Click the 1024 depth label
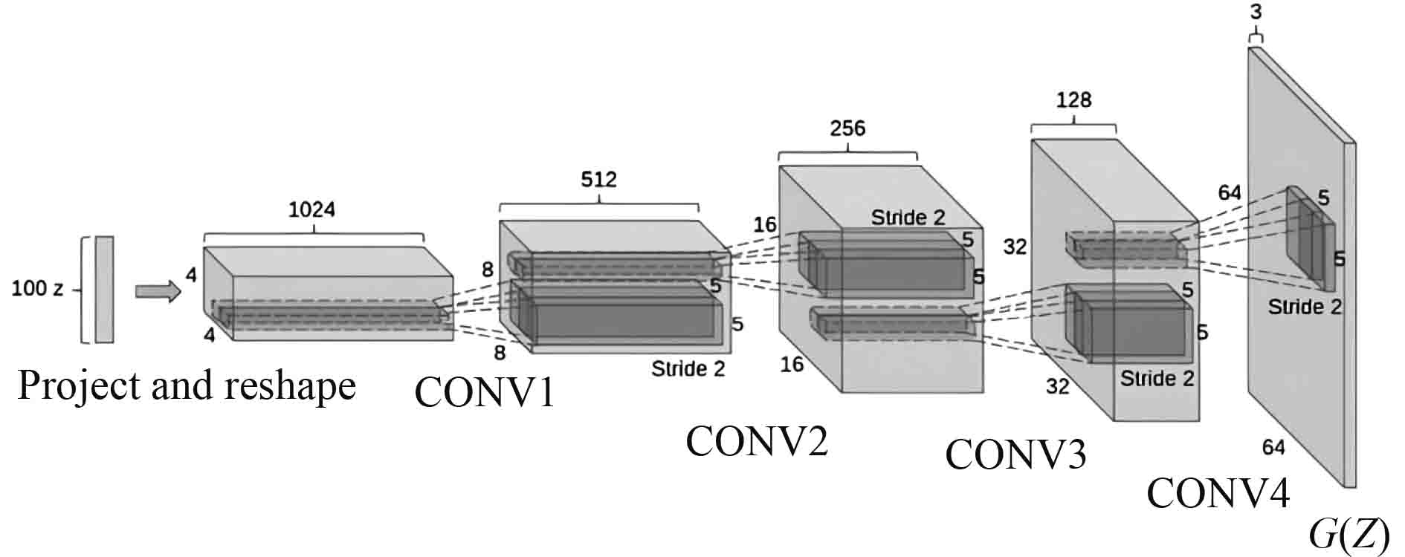312,209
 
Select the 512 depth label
599,180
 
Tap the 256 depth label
848,129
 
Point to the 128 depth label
1073,100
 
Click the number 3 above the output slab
1256,13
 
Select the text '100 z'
37,290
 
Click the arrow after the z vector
158,291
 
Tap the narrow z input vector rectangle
104,290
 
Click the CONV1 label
485,392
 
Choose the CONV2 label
757,442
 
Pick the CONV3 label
1015,454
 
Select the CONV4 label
1218,492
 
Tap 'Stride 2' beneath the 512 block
688,368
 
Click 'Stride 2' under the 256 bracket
908,218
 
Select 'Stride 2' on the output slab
1305,307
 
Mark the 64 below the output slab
1273,447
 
